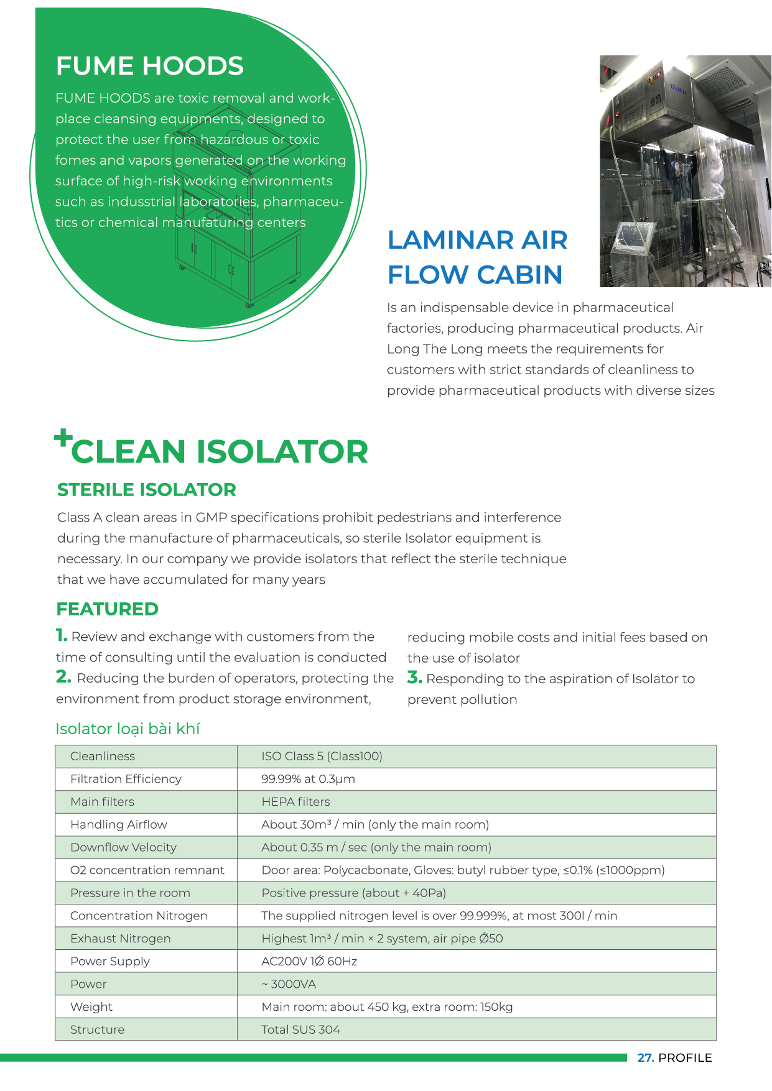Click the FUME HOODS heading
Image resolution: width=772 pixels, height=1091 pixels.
149,66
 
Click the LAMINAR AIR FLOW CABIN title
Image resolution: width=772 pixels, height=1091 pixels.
477,257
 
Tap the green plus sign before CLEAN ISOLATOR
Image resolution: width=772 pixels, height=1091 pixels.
63,438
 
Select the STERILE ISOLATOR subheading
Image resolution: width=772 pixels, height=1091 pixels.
146,490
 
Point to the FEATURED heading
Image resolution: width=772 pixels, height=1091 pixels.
107,609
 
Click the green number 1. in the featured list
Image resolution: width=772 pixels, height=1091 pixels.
61,635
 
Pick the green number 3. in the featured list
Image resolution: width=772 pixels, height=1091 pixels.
414,678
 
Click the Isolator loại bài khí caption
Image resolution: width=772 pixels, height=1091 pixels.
128,729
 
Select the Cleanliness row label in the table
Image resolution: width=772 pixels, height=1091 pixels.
103,756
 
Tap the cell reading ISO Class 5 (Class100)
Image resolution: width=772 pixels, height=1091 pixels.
322,756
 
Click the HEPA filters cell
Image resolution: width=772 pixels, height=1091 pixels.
295,802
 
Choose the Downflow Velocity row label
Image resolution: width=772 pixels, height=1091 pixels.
123,847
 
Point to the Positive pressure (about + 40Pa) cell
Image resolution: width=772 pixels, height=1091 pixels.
353,893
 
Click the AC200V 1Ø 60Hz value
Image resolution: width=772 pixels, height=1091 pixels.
309,961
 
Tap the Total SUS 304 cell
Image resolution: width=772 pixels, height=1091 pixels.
300,1029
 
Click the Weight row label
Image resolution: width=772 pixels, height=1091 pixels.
91,1007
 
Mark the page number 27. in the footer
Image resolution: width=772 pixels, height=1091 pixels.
645,1057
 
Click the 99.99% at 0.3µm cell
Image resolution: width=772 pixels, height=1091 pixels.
308,779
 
